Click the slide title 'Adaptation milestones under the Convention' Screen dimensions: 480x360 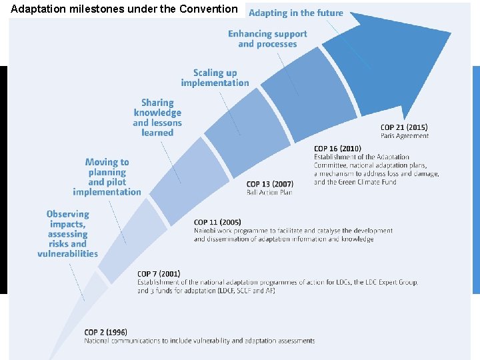point(124,9)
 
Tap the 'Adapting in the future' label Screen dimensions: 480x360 point(296,13)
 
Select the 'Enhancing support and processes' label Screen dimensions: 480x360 point(267,39)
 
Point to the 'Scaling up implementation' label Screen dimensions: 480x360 point(215,78)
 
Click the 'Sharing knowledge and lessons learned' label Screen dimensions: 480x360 point(157,117)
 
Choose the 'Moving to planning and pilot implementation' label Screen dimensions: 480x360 point(107,177)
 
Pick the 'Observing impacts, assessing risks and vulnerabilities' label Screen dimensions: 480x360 point(67,233)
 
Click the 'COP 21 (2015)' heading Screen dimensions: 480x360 point(404,127)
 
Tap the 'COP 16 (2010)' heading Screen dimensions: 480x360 point(337,149)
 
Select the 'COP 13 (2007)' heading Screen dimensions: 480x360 point(269,184)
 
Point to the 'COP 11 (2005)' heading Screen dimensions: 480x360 point(217,222)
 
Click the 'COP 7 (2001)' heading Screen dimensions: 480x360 point(159,273)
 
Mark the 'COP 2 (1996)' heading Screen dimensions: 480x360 point(105,332)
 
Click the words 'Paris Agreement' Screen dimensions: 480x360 point(405,136)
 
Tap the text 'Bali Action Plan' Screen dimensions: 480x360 point(269,193)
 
